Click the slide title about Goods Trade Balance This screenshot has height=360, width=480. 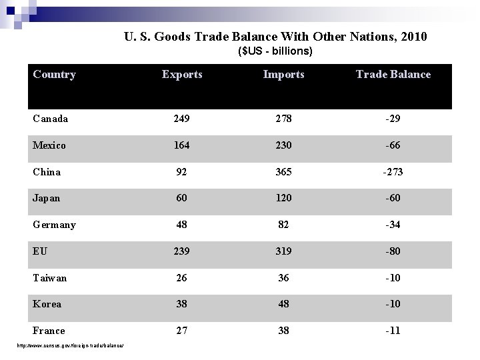click(x=275, y=36)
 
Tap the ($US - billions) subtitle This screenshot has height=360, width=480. click(x=275, y=51)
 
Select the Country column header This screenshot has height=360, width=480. click(x=54, y=75)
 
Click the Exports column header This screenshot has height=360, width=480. click(x=182, y=75)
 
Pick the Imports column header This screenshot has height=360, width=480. click(x=283, y=75)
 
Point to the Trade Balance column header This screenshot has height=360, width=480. click(x=393, y=75)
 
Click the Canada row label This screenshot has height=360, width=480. click(x=50, y=119)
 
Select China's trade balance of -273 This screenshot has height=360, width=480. click(x=393, y=172)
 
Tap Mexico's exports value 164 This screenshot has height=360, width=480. click(x=182, y=145)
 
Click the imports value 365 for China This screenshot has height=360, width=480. click(x=283, y=172)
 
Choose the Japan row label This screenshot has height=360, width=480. click(x=46, y=198)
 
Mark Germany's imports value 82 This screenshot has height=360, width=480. click(x=283, y=225)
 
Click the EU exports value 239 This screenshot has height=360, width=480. click(x=182, y=251)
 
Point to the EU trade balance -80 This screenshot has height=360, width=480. click(x=393, y=251)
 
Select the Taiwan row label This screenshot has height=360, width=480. click(x=49, y=278)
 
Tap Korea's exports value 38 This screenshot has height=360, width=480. click(x=182, y=304)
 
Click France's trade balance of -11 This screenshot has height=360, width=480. click(x=393, y=331)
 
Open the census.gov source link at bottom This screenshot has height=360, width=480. click(x=73, y=345)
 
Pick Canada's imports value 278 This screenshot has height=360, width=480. click(x=283, y=119)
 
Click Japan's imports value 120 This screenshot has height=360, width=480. click(x=283, y=198)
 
